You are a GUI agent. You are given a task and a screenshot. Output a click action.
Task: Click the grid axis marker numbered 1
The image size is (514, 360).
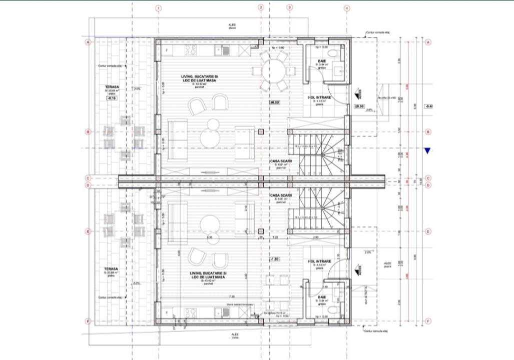pos(158,8)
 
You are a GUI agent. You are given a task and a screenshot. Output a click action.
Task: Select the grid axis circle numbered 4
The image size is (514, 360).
pos(347,8)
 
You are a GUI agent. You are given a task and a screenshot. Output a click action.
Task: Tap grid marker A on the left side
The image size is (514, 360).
pos(88,43)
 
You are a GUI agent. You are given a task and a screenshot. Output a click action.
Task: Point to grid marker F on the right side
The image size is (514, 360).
pos(428,321)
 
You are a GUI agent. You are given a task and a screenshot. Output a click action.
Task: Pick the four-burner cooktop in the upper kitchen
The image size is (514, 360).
pos(191,50)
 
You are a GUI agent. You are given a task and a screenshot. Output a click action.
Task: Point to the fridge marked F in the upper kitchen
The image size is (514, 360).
pos(166,50)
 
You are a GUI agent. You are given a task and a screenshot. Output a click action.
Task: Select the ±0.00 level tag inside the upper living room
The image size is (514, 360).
pos(274,103)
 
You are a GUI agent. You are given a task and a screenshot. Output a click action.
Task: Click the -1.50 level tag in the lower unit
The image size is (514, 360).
pos(274,259)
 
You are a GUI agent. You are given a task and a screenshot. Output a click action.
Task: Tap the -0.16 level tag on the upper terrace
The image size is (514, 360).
pos(111,98)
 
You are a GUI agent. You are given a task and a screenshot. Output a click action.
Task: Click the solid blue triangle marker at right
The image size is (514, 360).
pos(427,150)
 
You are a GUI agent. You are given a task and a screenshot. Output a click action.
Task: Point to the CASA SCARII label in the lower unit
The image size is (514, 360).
pos(280,195)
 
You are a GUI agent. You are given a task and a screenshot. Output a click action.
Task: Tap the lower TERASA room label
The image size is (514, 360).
pos(111,268)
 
